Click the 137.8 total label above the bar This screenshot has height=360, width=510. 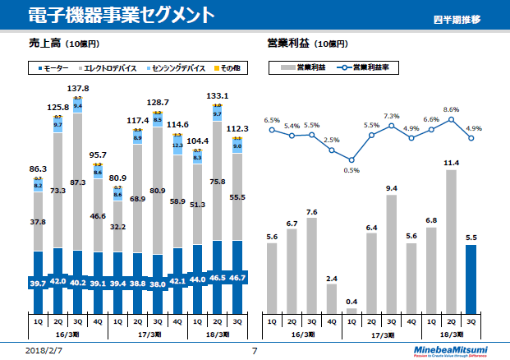coord(78,88)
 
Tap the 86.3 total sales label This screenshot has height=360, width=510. coord(38,168)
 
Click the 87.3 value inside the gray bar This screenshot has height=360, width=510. coord(78,182)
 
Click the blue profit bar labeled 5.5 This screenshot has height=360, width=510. coord(471,279)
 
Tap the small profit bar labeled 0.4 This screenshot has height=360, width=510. coord(351,310)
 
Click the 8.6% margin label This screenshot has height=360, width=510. coord(451,108)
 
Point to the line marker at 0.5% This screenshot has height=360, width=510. coord(351,159)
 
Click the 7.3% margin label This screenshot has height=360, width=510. coord(391,116)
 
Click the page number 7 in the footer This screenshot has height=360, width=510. coord(255,350)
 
